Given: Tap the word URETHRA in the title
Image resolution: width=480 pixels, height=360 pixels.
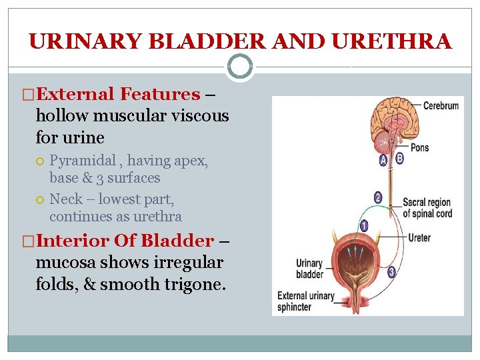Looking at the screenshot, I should [391, 42].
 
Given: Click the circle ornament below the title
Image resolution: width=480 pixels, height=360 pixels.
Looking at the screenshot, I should [240, 67].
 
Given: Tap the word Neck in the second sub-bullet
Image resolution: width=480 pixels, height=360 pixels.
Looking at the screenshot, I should [66, 199].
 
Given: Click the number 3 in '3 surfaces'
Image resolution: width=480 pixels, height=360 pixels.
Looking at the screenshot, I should [101, 178].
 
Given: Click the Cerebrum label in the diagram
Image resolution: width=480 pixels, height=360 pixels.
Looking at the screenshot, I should [441, 106].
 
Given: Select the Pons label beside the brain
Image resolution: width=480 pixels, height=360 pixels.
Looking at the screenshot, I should [419, 147].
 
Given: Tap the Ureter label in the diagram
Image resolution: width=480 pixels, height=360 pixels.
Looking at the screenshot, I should [419, 238].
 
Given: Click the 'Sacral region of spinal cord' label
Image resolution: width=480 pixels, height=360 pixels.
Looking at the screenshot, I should [427, 208].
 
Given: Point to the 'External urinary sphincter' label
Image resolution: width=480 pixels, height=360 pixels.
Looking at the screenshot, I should [306, 301].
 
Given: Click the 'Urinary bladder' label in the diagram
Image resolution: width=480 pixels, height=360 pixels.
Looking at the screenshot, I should [309, 269].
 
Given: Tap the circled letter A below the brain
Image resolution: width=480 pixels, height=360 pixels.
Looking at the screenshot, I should [383, 159].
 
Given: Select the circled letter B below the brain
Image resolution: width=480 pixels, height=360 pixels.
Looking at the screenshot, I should [399, 158].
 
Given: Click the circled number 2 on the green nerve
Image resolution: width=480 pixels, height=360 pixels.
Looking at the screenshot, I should [378, 197].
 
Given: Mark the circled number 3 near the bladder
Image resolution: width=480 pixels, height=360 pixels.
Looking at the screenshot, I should [391, 271].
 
